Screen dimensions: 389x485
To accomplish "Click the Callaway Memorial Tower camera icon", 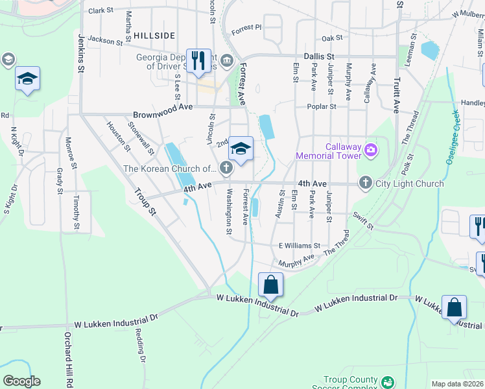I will tap(370, 150).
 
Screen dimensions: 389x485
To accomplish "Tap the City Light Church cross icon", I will tap(366, 183).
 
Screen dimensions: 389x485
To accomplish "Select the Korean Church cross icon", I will tap(226, 169).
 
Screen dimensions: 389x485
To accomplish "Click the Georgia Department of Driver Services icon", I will tap(226, 61).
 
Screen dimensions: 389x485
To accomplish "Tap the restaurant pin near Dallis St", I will tap(196, 61).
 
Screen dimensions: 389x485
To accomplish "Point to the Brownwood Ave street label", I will tap(163, 106).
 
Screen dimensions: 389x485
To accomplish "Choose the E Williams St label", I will tap(300, 246).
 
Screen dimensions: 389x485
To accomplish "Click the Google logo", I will tap(21, 381).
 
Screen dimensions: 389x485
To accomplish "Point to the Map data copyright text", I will tap(457, 384).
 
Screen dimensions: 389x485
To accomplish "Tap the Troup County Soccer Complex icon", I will tap(387, 383).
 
